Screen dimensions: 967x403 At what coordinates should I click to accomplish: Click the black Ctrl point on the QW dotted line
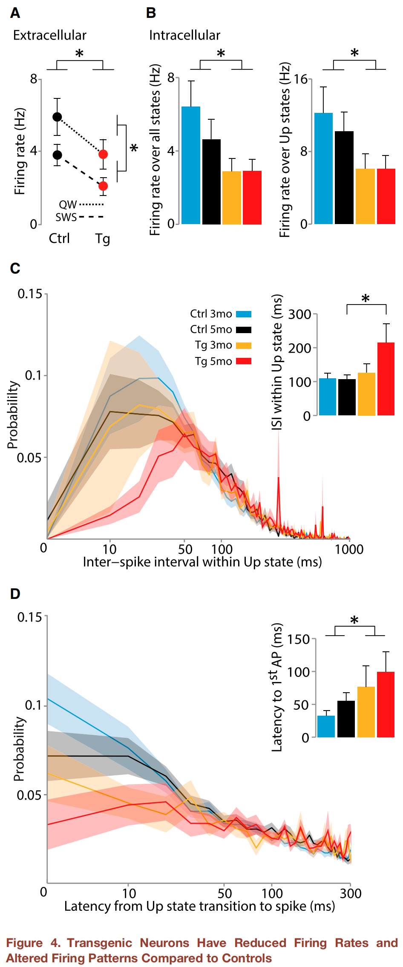[x=57, y=117]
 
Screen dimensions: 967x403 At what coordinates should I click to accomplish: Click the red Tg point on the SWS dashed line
[x=103, y=186]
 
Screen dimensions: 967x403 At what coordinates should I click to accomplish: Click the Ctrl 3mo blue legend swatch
[x=244, y=314]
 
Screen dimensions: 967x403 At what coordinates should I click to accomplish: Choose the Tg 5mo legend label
[x=213, y=361]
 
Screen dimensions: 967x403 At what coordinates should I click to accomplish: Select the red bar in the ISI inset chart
[x=386, y=379]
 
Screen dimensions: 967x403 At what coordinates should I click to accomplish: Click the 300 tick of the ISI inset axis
[x=300, y=314]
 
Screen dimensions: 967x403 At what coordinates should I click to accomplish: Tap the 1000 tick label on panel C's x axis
[x=349, y=550]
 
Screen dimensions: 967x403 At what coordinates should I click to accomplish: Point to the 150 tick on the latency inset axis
[x=299, y=639]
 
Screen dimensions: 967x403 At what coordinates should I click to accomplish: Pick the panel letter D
[x=15, y=594]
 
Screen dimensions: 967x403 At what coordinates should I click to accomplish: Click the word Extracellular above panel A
[x=49, y=35]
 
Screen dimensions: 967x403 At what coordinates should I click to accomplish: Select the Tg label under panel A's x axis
[x=103, y=239]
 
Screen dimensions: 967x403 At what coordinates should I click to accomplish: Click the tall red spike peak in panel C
[x=279, y=478]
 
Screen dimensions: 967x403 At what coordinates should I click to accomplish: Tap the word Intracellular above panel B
[x=184, y=35]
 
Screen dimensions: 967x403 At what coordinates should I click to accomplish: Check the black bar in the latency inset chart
[x=346, y=719]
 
